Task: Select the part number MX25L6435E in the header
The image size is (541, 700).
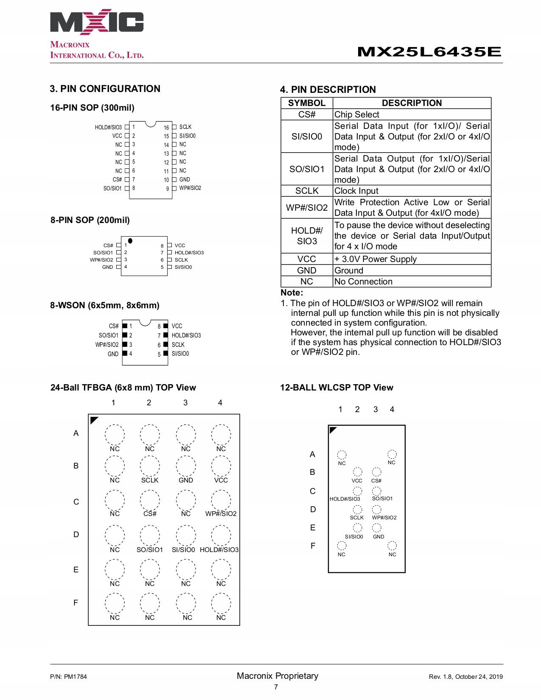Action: [429, 52]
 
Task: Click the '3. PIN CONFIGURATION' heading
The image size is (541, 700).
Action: [105, 89]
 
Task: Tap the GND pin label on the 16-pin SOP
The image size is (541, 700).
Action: [185, 179]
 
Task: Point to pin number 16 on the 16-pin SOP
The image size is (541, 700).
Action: [166, 128]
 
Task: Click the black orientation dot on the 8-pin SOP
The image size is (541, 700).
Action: [130, 241]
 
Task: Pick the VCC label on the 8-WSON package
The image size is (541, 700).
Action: [177, 326]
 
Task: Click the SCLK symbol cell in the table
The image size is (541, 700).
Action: [307, 191]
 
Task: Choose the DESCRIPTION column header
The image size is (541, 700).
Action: [412, 103]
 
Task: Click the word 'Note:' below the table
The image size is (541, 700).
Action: [292, 293]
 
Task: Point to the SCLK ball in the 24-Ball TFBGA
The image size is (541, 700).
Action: [150, 466]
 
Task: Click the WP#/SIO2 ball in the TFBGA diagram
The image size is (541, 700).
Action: [221, 501]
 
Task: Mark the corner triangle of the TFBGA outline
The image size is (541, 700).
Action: [93, 420]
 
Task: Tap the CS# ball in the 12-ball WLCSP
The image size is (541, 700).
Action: [376, 472]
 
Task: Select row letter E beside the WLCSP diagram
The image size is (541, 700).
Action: [313, 528]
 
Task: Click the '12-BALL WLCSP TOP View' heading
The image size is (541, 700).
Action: [336, 388]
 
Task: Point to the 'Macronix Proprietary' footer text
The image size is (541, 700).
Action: [278, 676]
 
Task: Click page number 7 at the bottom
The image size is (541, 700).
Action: [276, 687]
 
